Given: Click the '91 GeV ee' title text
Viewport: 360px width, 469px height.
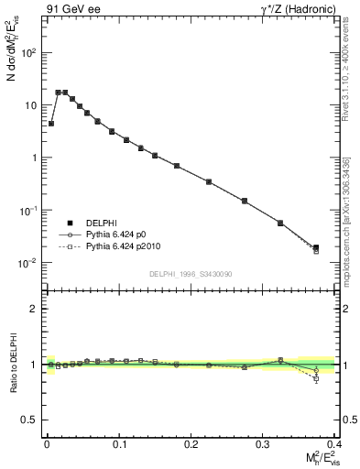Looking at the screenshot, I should [71, 9].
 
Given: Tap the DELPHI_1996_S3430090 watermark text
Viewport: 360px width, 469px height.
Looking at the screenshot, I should [191, 274].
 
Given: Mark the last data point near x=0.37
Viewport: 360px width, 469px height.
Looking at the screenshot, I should [316, 247].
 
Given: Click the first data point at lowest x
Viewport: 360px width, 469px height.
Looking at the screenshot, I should [51, 124].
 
